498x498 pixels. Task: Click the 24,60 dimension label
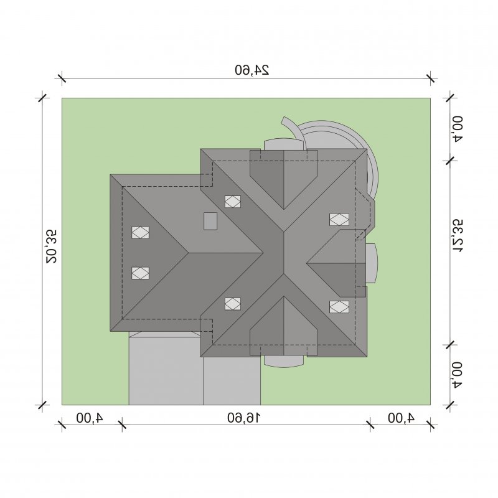pyautogui.click(x=252, y=70)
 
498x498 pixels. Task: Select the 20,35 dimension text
pyautogui.click(x=51, y=247)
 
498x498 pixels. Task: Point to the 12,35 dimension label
pyautogui.click(x=458, y=236)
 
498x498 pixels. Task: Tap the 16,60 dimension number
pyautogui.click(x=243, y=418)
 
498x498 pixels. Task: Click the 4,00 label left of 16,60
pyautogui.click(x=90, y=418)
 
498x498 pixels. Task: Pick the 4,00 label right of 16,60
pyautogui.click(x=401, y=418)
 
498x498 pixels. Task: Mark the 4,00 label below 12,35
pyautogui.click(x=458, y=375)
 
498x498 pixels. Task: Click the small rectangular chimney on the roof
pyautogui.click(x=210, y=221)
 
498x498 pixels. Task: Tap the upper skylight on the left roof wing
pyautogui.click(x=141, y=232)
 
